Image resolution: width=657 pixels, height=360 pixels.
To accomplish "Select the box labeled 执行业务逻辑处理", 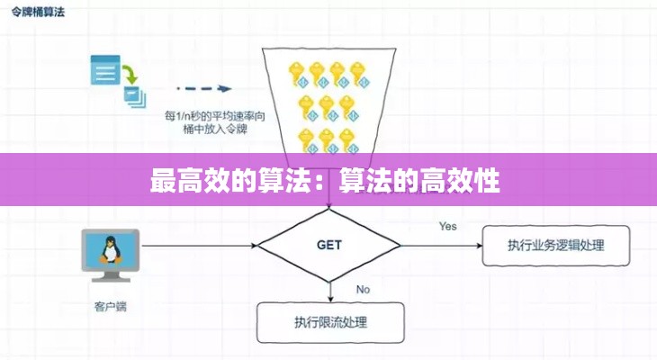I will [x=555, y=246].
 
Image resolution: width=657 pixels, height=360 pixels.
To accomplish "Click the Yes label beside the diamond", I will [x=448, y=226].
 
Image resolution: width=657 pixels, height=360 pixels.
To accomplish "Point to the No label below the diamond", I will [x=363, y=289].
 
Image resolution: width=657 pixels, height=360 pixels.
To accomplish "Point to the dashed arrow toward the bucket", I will [x=204, y=89].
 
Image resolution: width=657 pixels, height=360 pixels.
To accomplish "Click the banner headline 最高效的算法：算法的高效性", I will [x=325, y=182].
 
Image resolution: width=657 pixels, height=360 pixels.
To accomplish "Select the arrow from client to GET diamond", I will [x=199, y=245].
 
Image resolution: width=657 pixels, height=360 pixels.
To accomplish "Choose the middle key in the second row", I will [x=327, y=107].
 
